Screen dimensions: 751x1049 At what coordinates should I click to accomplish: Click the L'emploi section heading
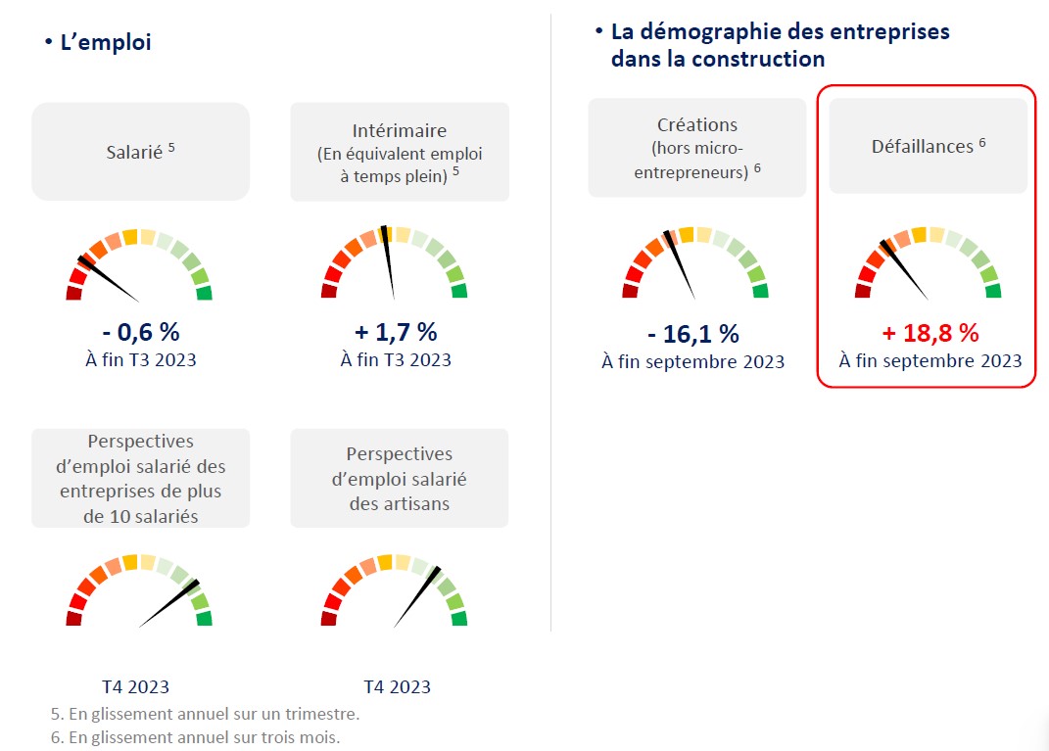[105, 43]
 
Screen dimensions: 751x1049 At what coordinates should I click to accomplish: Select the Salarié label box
[140, 152]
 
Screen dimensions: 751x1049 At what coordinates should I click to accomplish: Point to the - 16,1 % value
[693, 334]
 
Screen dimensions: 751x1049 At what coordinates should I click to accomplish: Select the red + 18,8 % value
[930, 333]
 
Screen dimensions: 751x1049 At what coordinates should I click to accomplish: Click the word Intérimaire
[400, 130]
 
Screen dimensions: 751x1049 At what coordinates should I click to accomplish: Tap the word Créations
[697, 125]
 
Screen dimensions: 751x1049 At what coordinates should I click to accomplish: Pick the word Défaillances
[922, 147]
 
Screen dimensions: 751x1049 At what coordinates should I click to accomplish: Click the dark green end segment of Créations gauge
[760, 291]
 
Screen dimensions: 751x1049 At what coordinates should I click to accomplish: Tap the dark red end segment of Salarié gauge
[73, 293]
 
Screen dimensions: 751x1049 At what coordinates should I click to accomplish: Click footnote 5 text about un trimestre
[205, 713]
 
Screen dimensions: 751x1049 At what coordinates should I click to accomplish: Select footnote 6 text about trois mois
[195, 737]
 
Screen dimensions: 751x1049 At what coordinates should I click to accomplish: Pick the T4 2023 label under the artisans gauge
[397, 686]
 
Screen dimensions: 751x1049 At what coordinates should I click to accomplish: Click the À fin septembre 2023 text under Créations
[693, 362]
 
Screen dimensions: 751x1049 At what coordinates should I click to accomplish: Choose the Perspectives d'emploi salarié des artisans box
[400, 478]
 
